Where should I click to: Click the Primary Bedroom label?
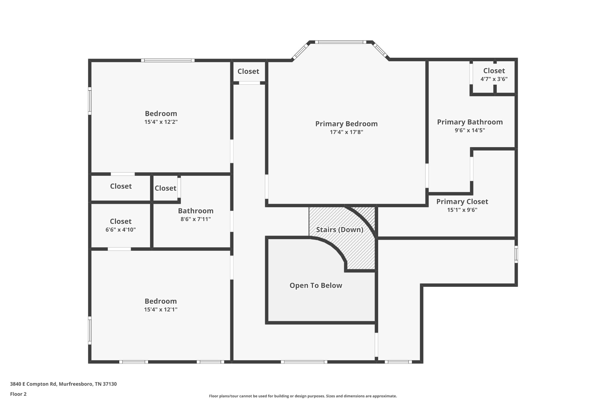click(x=346, y=124)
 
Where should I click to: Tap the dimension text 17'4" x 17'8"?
click(x=346, y=132)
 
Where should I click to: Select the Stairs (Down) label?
click(x=339, y=230)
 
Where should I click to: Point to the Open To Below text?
click(x=316, y=285)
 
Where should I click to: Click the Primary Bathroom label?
click(x=470, y=122)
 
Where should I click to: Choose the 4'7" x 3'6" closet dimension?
click(x=494, y=79)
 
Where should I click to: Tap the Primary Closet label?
click(x=462, y=202)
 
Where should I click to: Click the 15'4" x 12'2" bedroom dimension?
click(x=161, y=122)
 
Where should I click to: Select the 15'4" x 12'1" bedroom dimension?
click(x=161, y=310)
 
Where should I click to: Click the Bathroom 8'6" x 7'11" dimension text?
click(x=196, y=219)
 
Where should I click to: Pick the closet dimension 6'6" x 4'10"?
click(x=120, y=230)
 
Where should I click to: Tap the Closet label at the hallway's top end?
click(x=248, y=71)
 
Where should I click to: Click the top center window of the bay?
click(x=340, y=42)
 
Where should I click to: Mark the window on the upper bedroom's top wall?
click(x=168, y=60)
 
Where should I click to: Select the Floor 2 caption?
click(x=18, y=394)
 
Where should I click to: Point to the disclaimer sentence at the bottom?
click(x=303, y=396)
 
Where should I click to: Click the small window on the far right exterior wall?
click(x=516, y=254)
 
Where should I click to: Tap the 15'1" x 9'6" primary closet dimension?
click(x=462, y=210)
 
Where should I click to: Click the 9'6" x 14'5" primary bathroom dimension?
click(x=470, y=131)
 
